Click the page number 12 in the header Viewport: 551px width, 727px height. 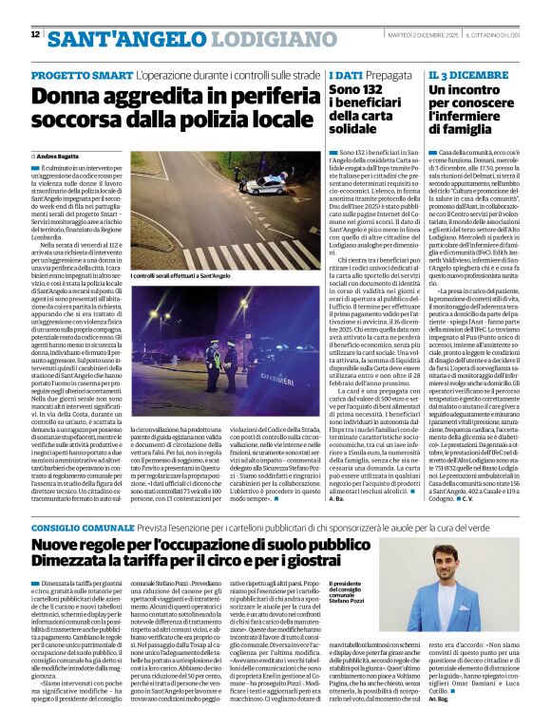click(x=35, y=34)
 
